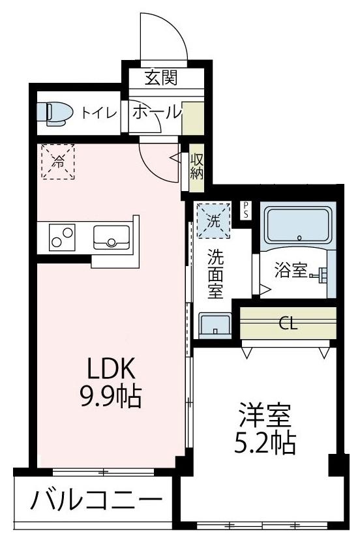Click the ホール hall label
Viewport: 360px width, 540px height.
157,112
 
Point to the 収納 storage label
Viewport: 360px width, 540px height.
197,166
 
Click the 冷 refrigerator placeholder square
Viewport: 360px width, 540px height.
58,161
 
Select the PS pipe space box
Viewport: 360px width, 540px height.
246,209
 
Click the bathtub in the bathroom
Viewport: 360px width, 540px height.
298,227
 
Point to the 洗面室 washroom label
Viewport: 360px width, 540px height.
215,274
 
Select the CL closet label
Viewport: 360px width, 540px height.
288,323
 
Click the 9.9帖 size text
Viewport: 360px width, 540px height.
111,396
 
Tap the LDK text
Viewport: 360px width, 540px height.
112,370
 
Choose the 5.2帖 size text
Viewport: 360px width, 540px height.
264,444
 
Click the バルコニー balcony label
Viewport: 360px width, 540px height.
95,502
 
